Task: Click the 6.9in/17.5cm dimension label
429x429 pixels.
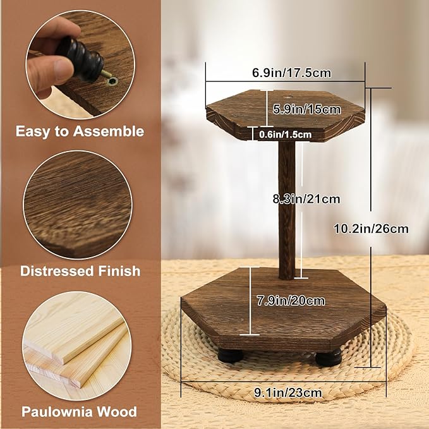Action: (x=291, y=72)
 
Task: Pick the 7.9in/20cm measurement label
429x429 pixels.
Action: (x=291, y=300)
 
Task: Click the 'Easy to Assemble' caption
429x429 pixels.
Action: (x=80, y=131)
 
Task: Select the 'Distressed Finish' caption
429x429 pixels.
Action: (x=80, y=271)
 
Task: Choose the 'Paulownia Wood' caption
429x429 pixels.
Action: (x=80, y=412)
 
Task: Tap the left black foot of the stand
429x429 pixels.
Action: (x=229, y=355)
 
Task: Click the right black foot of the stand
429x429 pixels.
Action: (x=329, y=358)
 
